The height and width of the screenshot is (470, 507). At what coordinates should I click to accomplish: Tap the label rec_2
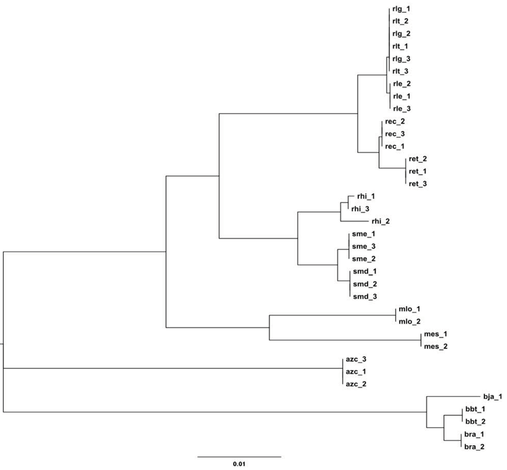[x=395, y=121]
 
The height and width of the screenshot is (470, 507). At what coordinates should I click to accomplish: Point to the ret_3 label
[x=418, y=183]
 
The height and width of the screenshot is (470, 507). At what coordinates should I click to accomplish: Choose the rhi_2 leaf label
[x=381, y=221]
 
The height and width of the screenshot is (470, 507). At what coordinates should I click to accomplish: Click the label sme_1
[x=360, y=234]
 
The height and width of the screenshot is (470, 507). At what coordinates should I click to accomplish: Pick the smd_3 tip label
[x=363, y=297]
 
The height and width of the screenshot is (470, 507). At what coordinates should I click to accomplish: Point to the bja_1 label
[x=493, y=397]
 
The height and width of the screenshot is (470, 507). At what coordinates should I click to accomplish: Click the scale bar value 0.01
[x=239, y=464]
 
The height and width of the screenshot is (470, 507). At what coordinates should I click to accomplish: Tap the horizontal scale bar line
[x=239, y=456]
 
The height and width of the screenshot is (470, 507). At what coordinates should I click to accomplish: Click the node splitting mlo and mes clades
[x=269, y=327]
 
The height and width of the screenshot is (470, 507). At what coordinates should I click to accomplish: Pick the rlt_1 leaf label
[x=400, y=46]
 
